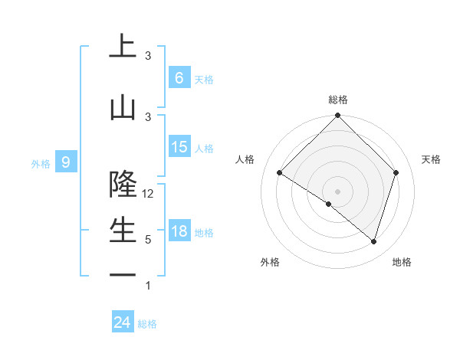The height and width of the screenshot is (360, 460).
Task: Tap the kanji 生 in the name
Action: pos(123,230)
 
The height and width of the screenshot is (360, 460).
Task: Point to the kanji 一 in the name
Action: pos(123,275)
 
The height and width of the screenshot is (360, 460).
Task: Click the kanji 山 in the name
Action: pos(123,107)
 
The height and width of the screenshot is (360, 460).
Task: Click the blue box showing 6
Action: pos(179,78)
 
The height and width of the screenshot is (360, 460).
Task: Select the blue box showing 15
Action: pos(179,147)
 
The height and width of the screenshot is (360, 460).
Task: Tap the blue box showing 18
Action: pos(179,231)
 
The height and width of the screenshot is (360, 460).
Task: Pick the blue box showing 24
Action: pos(122,322)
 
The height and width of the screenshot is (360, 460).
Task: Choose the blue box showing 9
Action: pos(66,162)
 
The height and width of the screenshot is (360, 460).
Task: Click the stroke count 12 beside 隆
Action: pos(148,194)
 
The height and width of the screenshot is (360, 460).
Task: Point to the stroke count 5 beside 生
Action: pos(148,240)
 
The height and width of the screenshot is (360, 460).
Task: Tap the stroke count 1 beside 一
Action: pos(148,286)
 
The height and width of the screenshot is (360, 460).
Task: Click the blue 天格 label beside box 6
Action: pos(203,80)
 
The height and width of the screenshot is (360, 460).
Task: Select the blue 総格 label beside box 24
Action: pos(147,324)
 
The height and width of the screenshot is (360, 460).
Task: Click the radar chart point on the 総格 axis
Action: pos(337,116)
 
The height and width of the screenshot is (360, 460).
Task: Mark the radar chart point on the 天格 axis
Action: pos(396,172)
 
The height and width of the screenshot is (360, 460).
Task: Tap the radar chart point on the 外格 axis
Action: pos(329,205)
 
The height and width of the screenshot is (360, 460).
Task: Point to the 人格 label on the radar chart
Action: pos(245,159)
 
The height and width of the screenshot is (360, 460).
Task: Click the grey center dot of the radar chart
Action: pos(337,191)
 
